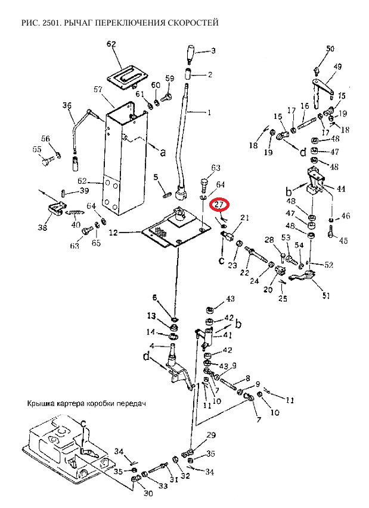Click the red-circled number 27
[219, 205]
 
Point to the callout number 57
[98, 89]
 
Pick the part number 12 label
[113, 233]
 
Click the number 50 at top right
[330, 49]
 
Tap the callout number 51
[326, 295]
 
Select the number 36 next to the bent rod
[67, 105]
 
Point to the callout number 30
[148, 493]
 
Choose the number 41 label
[228, 335]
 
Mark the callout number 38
[42, 227]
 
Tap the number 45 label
[343, 240]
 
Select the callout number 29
[211, 435]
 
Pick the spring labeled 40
[75, 213]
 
